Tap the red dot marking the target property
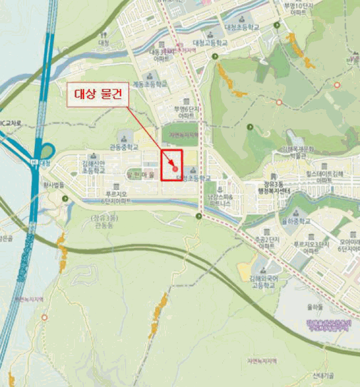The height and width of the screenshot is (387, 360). (x=175, y=168)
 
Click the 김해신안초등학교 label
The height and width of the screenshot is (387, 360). (x=92, y=167)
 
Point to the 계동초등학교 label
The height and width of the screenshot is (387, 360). (x=150, y=85)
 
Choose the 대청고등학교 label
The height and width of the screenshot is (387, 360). (x=210, y=43)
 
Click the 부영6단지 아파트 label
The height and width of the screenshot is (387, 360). (x=186, y=113)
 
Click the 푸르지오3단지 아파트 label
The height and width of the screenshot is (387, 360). (x=311, y=247)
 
